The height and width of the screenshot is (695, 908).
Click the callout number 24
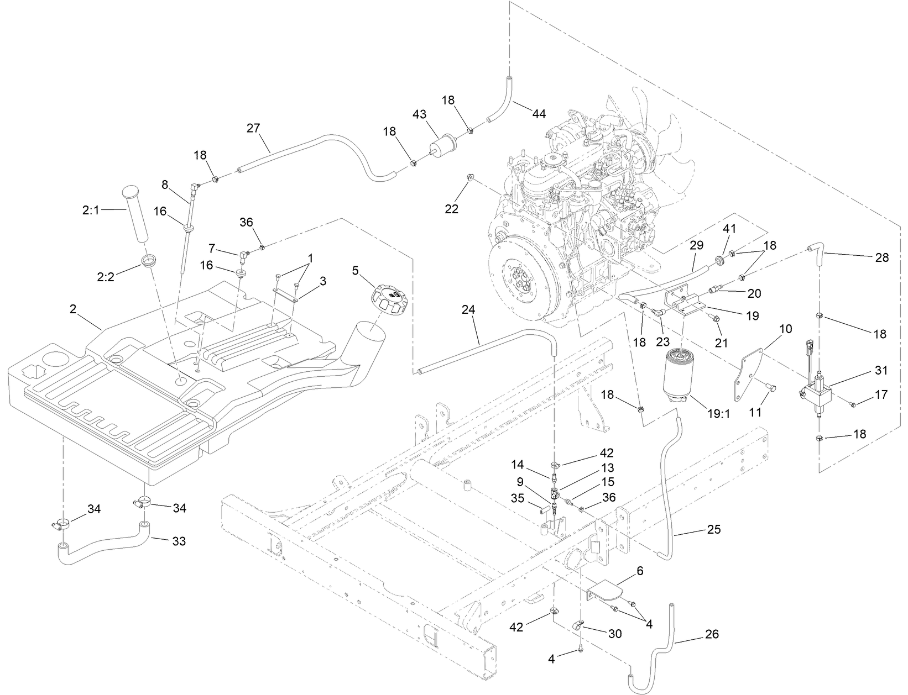(x=469, y=311)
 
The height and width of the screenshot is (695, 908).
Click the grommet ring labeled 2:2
(x=148, y=260)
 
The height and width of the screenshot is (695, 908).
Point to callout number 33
(x=178, y=541)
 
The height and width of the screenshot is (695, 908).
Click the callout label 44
(x=539, y=114)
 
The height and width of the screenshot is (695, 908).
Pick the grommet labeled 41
(x=720, y=260)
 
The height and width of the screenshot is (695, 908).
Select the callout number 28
(x=882, y=257)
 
